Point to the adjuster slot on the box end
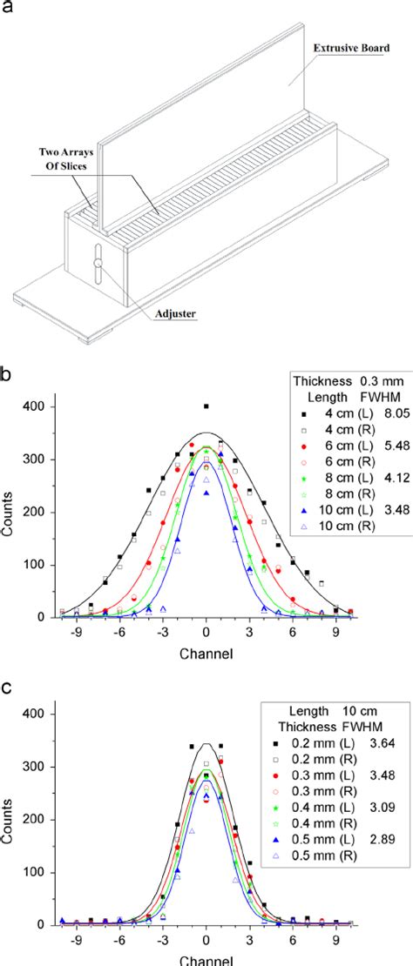pyautogui.click(x=98, y=265)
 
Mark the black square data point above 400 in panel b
pyautogui.click(x=206, y=406)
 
